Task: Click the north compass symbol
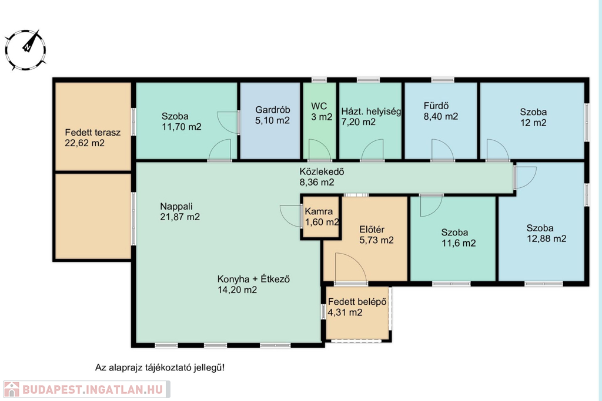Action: tap(26, 50)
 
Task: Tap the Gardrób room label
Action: tap(272, 115)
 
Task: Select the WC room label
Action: tap(322, 112)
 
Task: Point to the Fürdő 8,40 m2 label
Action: tap(441, 111)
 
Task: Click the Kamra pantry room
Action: tap(321, 217)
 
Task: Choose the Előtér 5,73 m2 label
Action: tap(376, 235)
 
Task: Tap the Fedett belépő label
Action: tap(357, 307)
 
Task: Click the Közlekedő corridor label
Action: tap(322, 177)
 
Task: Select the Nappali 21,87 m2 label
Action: tap(180, 211)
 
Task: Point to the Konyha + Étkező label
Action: tap(253, 284)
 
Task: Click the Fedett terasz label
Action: tap(92, 137)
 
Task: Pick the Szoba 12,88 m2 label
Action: tap(546, 234)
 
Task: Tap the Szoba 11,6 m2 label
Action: tap(459, 238)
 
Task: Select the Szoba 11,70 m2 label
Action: tap(181, 122)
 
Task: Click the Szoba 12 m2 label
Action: tap(533, 117)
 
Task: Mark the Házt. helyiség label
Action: tap(371, 117)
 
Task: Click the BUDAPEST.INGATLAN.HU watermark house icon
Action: tap(11, 389)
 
